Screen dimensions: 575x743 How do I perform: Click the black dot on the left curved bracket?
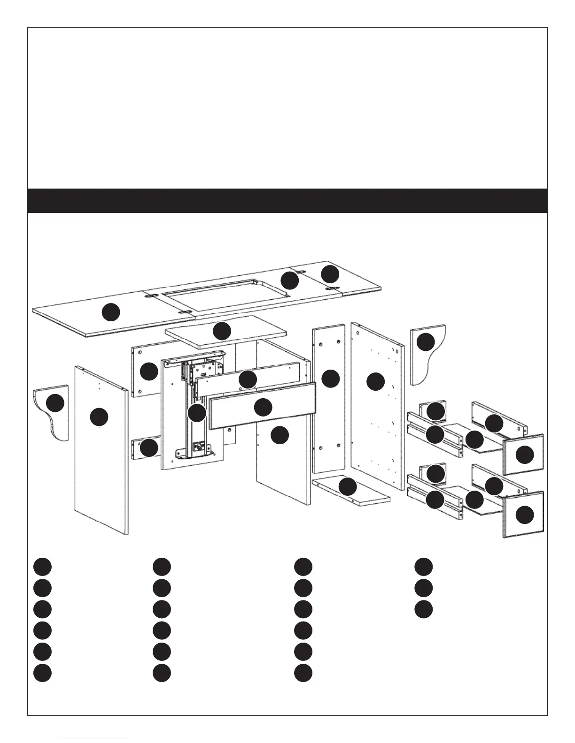pyautogui.click(x=55, y=403)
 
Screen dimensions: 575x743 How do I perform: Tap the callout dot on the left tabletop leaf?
pyautogui.click(x=111, y=312)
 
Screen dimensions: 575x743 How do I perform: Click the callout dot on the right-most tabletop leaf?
pyautogui.click(x=330, y=273)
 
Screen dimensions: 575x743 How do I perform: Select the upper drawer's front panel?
pyautogui.click(x=523, y=454)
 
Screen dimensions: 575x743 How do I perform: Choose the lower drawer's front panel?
pyautogui.click(x=523, y=515)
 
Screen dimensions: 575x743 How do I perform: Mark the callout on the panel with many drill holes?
pyautogui.click(x=375, y=381)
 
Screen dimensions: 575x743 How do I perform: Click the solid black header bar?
pyautogui.click(x=287, y=200)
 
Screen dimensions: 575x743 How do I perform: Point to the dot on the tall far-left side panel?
pyautogui.click(x=99, y=416)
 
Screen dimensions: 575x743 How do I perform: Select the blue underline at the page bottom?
pyautogui.click(x=93, y=739)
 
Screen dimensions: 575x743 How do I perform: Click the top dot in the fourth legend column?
pyautogui.click(x=423, y=566)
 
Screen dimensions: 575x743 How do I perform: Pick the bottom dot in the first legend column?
pyautogui.click(x=42, y=672)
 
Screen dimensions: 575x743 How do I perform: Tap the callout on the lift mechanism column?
pyautogui.click(x=196, y=413)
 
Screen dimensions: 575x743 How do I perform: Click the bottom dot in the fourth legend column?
pyautogui.click(x=423, y=609)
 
